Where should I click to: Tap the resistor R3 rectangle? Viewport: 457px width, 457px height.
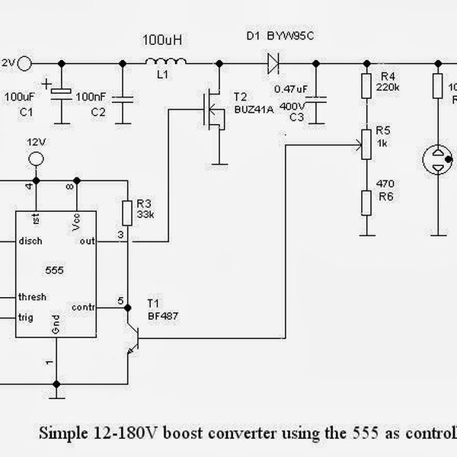(128, 211)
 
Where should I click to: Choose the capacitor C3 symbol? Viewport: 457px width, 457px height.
(321, 97)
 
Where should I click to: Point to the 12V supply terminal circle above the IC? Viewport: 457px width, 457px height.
(34, 159)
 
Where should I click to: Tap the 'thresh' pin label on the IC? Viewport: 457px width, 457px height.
(33, 297)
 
